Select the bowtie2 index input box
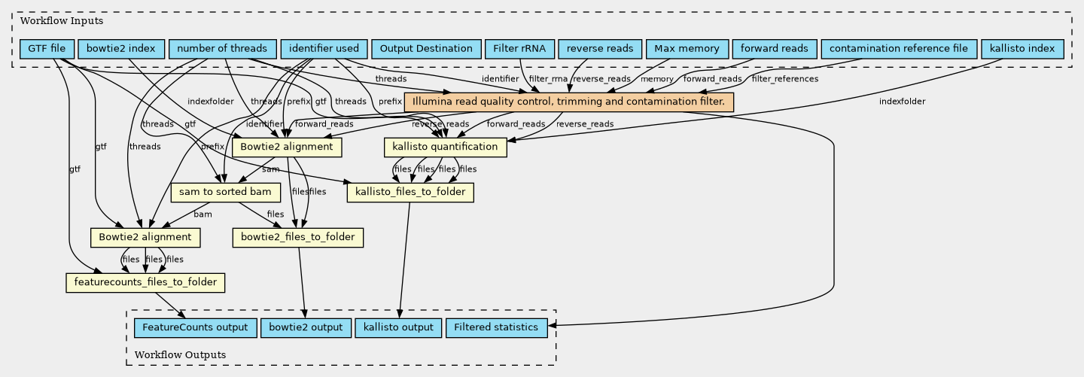click(x=120, y=49)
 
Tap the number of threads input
click(x=221, y=49)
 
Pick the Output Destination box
click(x=426, y=49)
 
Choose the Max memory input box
click(x=687, y=49)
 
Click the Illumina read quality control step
click(x=568, y=102)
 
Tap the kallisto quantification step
click(x=445, y=147)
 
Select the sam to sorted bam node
click(x=225, y=193)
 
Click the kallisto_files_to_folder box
click(x=410, y=193)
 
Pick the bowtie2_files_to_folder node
click(x=299, y=238)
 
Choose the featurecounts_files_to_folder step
click(x=145, y=283)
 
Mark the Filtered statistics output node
click(x=496, y=328)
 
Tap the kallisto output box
click(x=398, y=328)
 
